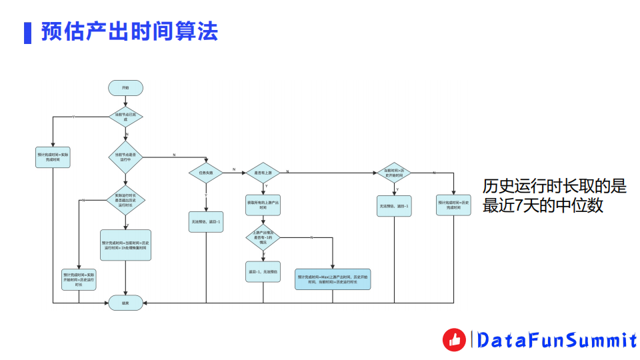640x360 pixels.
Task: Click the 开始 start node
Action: click(125, 87)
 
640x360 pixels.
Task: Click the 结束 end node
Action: click(125, 303)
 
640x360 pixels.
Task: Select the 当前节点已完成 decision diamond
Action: click(125, 117)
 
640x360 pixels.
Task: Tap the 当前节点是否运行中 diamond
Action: click(125, 157)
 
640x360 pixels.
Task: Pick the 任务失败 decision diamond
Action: click(206, 172)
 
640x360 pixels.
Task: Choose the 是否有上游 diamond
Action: click(263, 172)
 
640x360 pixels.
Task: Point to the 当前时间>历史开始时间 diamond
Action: click(393, 172)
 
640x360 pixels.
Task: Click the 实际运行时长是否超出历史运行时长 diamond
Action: click(125, 200)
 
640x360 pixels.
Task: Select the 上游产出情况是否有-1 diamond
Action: click(263, 237)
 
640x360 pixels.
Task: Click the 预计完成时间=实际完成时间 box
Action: click(53, 157)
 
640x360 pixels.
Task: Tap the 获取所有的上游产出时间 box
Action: click(263, 205)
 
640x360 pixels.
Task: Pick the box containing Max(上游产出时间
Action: click(333, 279)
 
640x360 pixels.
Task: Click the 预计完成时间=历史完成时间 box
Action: click(454, 205)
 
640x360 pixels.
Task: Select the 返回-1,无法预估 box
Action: click(263, 272)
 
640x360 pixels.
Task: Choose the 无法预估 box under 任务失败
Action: click(206, 221)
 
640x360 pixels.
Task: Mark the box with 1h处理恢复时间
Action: click(125, 245)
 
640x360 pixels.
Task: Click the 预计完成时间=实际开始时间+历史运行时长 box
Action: click(79, 279)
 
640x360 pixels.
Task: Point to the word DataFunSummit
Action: click(557, 341)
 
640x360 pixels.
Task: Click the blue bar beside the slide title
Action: click(27, 32)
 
